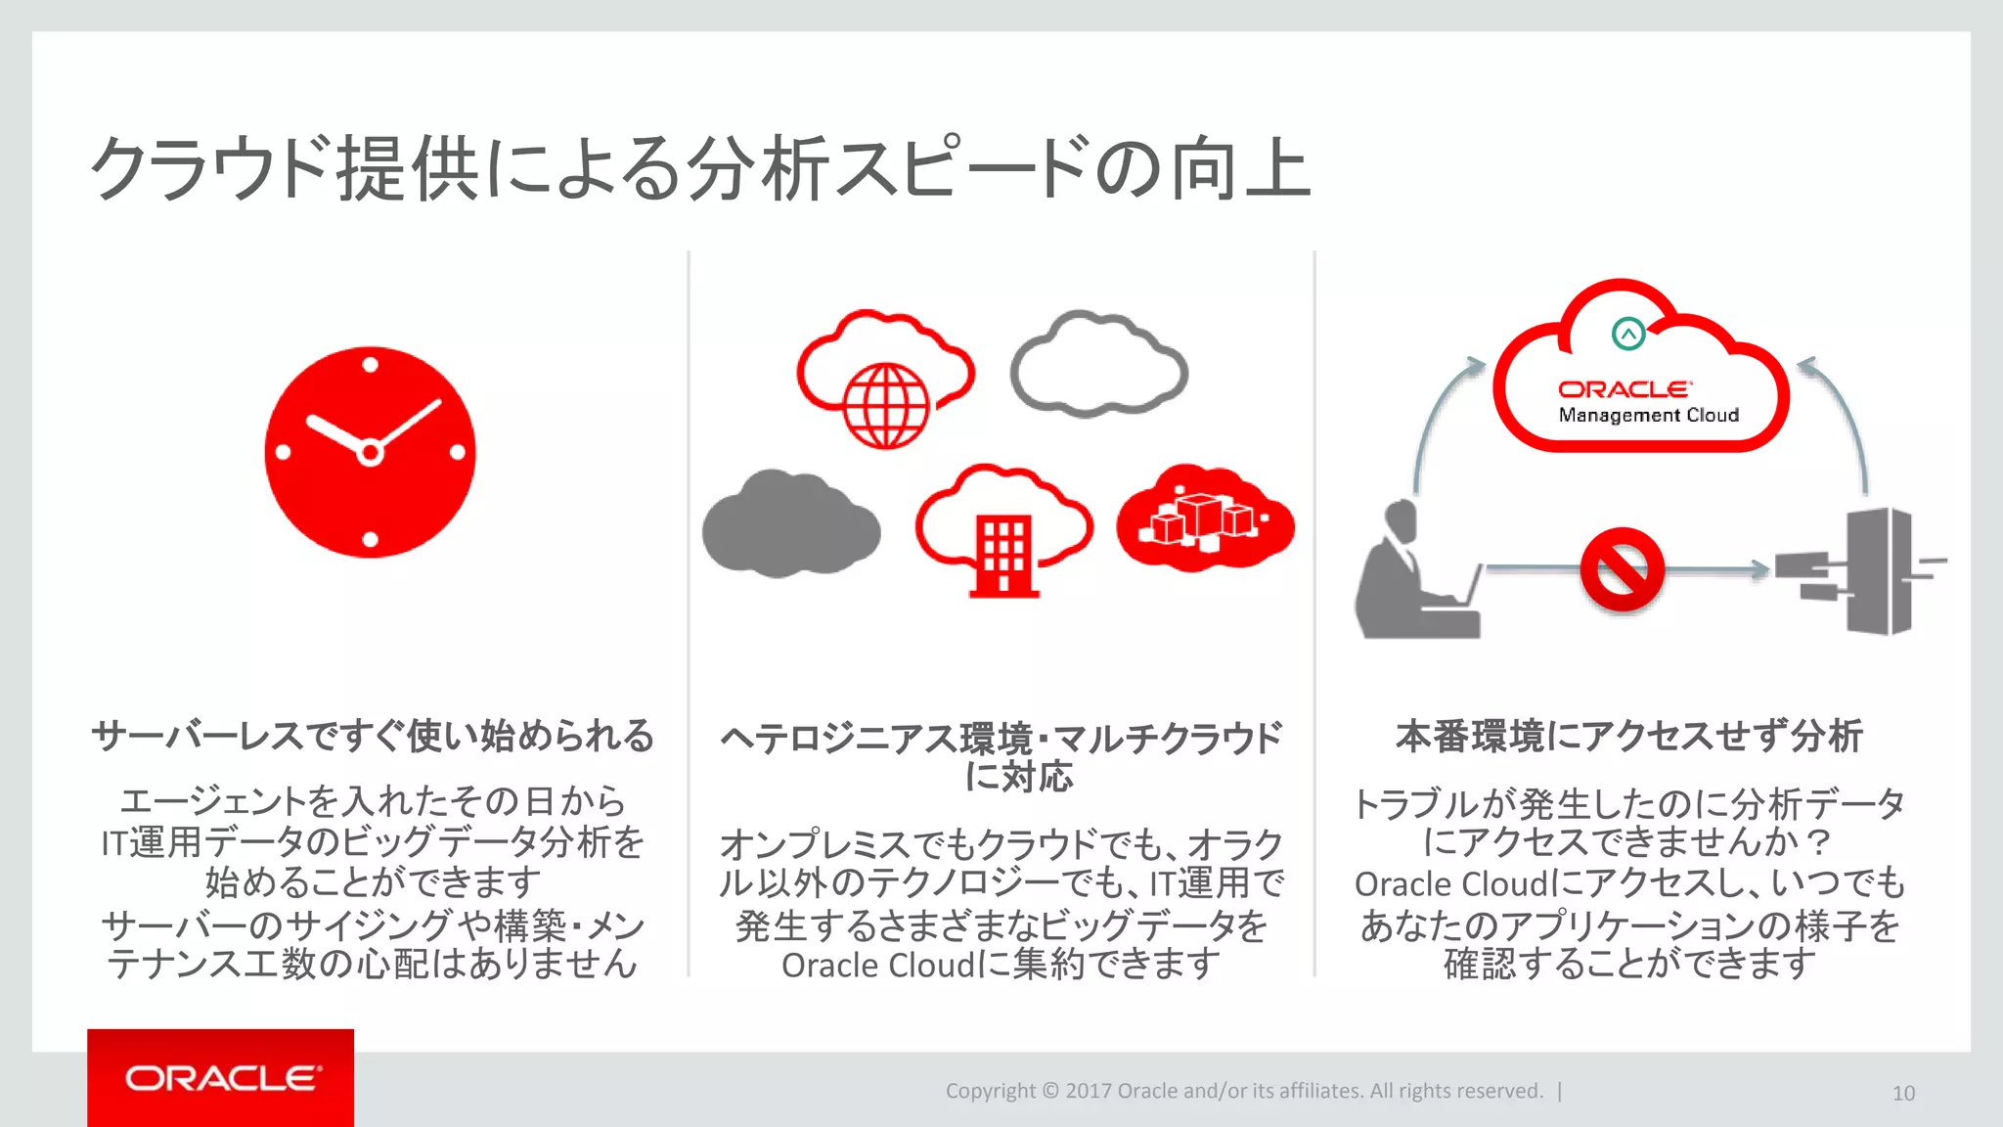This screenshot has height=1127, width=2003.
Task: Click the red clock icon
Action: (370, 452)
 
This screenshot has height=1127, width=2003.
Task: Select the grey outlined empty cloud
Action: (1098, 364)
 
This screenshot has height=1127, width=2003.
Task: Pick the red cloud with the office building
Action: (1003, 529)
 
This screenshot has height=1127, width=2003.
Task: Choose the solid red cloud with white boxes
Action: (1205, 518)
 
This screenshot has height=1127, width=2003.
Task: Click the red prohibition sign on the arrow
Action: (1622, 569)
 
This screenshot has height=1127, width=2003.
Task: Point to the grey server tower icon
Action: (1868, 572)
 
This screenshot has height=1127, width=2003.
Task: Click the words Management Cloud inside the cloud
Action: (1648, 415)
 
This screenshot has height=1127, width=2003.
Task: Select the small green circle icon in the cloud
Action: (1628, 335)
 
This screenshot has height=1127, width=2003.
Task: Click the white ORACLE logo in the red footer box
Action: (222, 1078)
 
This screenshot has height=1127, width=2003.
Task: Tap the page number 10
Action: (1903, 1094)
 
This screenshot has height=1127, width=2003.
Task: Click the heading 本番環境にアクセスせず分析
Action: (1628, 736)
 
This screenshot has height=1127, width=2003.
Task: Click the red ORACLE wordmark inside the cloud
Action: (1624, 389)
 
